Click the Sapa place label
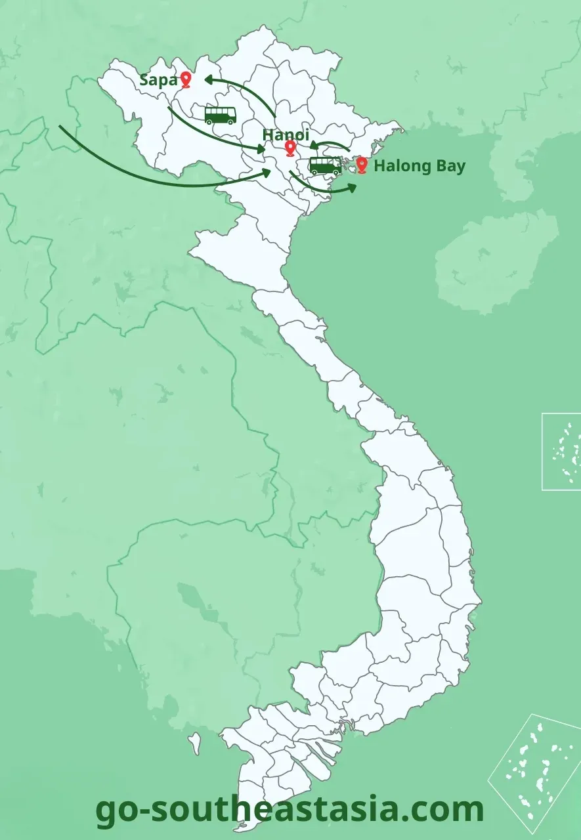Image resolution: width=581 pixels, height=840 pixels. click(x=158, y=81)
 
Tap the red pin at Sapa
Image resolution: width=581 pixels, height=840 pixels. click(x=186, y=79)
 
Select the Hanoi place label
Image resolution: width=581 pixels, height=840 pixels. click(x=286, y=135)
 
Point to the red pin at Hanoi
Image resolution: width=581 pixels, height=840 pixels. click(x=290, y=148)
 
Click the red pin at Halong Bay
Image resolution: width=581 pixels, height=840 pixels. click(x=361, y=164)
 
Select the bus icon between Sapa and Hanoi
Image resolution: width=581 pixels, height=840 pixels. click(x=220, y=115)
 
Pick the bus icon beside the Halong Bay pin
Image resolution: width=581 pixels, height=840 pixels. click(x=325, y=165)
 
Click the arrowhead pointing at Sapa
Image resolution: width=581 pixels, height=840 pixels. click(x=209, y=79)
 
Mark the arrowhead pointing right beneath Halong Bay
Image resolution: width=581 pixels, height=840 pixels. click(x=352, y=188)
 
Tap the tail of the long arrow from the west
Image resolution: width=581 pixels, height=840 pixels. click(x=60, y=127)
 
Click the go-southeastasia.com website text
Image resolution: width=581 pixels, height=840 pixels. click(x=290, y=809)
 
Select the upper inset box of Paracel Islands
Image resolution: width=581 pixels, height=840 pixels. click(x=561, y=451)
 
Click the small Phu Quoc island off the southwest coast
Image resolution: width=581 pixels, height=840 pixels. click(x=194, y=744)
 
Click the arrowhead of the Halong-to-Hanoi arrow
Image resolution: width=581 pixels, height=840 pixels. click(x=312, y=146)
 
